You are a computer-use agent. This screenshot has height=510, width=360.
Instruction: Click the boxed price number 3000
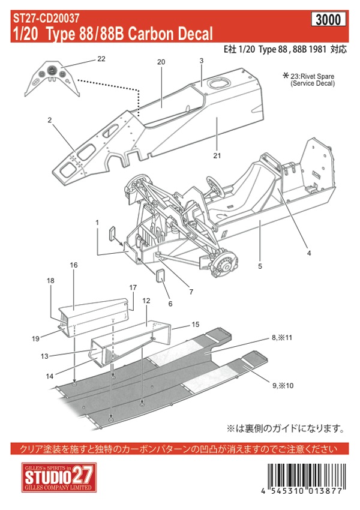(x=328, y=19)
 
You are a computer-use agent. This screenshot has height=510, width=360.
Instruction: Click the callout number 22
(x=100, y=59)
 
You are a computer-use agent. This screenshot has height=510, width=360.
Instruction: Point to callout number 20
(x=161, y=62)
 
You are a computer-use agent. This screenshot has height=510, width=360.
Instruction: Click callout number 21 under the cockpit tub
(x=217, y=156)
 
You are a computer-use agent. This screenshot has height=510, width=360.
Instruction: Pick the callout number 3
(x=202, y=61)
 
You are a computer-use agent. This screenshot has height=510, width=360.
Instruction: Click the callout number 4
(x=309, y=253)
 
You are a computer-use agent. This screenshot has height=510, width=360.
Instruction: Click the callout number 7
(x=191, y=292)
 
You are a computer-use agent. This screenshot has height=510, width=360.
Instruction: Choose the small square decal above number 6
(x=161, y=278)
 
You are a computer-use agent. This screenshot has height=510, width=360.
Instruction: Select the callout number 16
(x=74, y=265)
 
